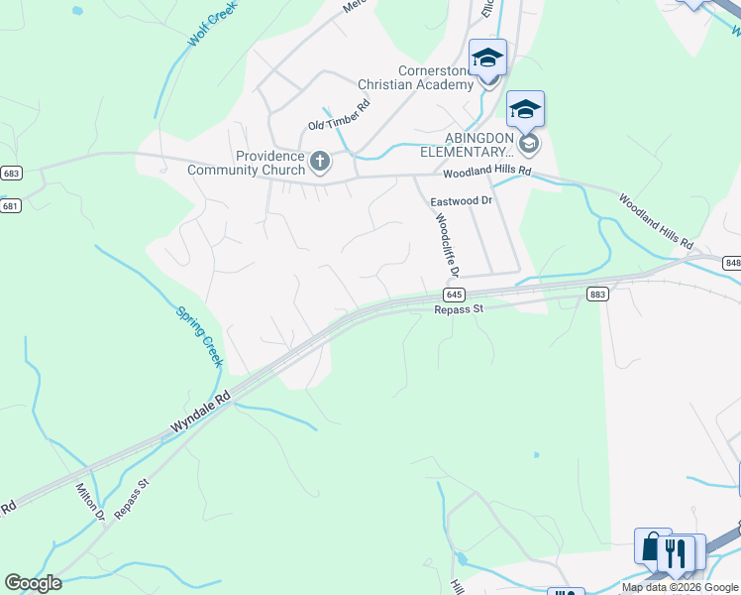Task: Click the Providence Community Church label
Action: pos(247,163)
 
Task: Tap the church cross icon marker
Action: pos(320,161)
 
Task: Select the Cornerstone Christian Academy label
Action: pos(437,77)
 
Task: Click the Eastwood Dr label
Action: pos(462,200)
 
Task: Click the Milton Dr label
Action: pos(91,501)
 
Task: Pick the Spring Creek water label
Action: pos(199,336)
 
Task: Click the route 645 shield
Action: pos(454,295)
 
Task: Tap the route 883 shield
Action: pos(597,294)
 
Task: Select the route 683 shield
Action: pos(11,173)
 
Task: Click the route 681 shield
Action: pos(11,205)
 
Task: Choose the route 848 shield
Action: pos(732,263)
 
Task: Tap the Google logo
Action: pos(33,583)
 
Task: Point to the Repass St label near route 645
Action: pos(458,309)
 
